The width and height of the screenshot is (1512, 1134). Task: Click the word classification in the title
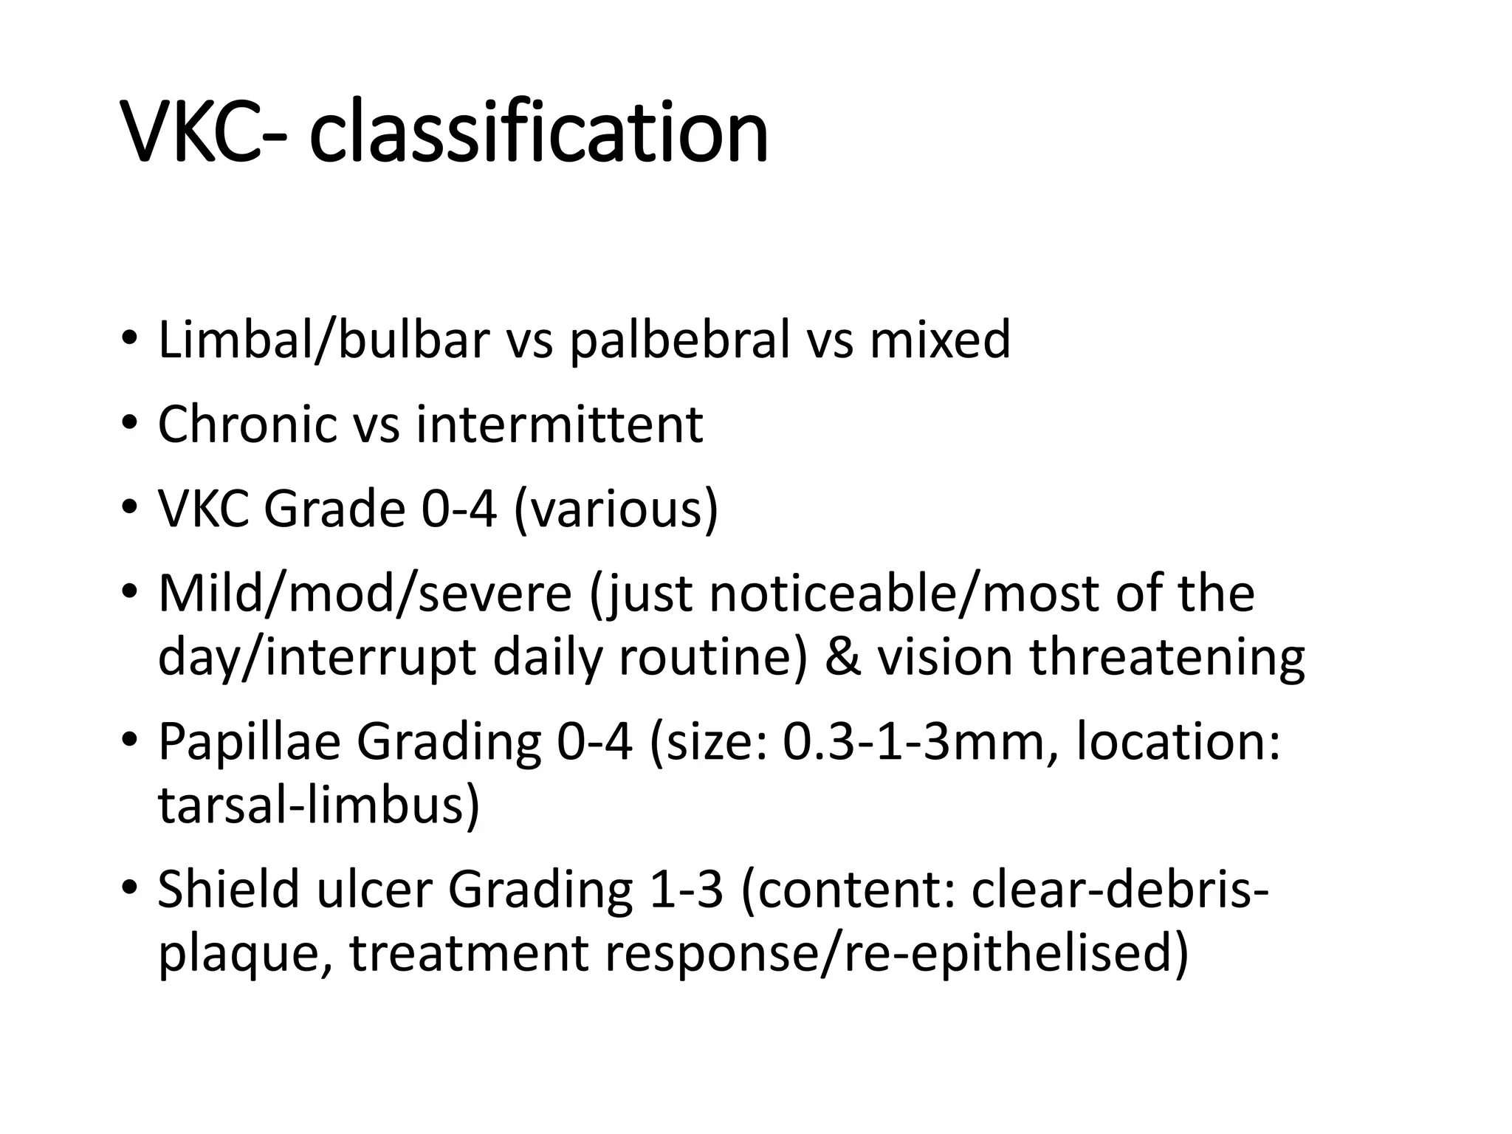pyautogui.click(x=538, y=134)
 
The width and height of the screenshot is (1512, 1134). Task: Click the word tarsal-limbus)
pyautogui.click(x=319, y=805)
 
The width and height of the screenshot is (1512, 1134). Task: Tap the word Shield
pyautogui.click(x=228, y=889)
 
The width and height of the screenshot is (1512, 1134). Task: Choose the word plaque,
pyautogui.click(x=244, y=952)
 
